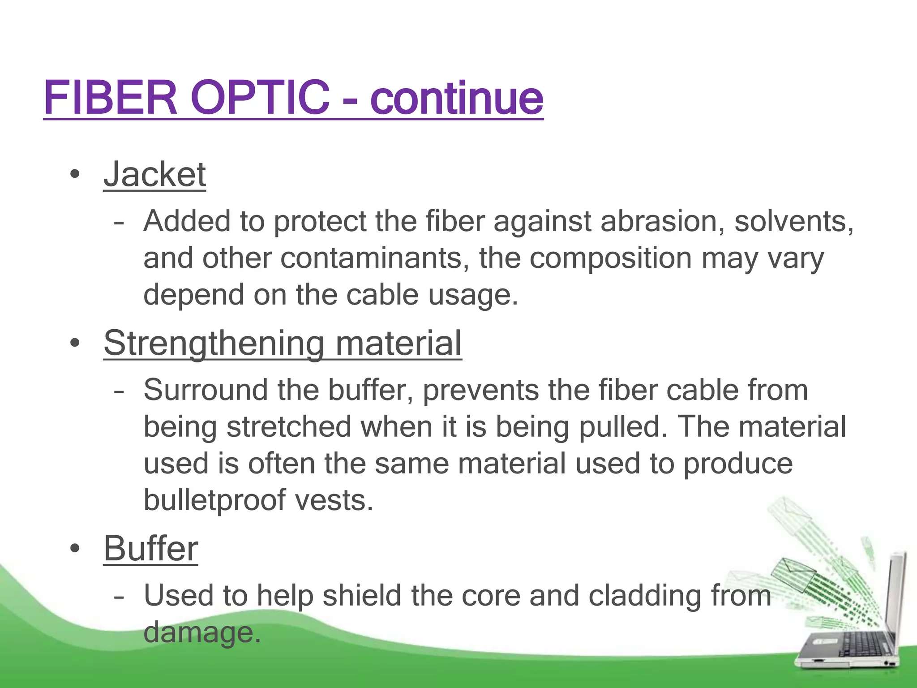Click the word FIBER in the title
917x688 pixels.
click(x=111, y=97)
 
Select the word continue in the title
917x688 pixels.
click(x=457, y=99)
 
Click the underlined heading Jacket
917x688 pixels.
click(x=154, y=174)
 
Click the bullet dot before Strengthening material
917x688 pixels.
click(x=75, y=343)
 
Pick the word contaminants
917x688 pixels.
click(x=375, y=258)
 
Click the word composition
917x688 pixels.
click(x=611, y=258)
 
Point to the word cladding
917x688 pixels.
click(x=644, y=596)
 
